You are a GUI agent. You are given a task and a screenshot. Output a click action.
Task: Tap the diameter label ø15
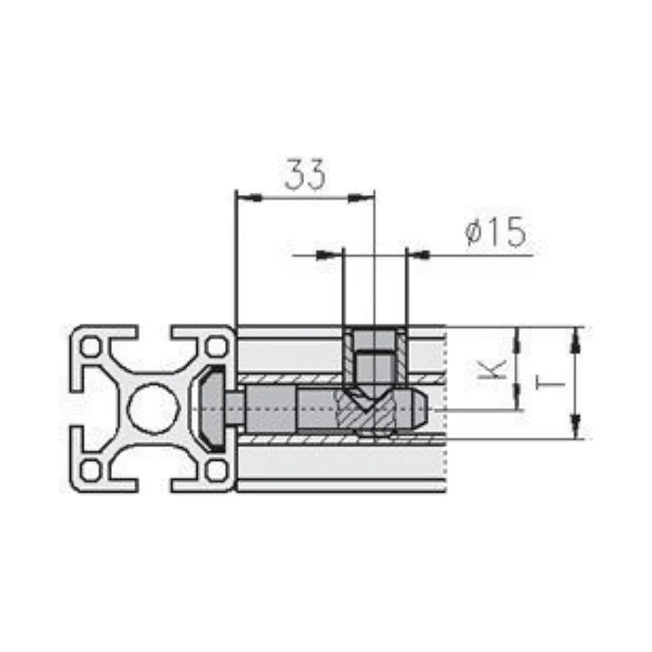(x=496, y=233)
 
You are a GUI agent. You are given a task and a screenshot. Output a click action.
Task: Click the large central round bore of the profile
(x=154, y=409)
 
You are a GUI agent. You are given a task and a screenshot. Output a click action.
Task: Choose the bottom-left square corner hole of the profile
(x=91, y=471)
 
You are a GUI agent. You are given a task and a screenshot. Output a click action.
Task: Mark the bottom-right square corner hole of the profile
(x=217, y=471)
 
